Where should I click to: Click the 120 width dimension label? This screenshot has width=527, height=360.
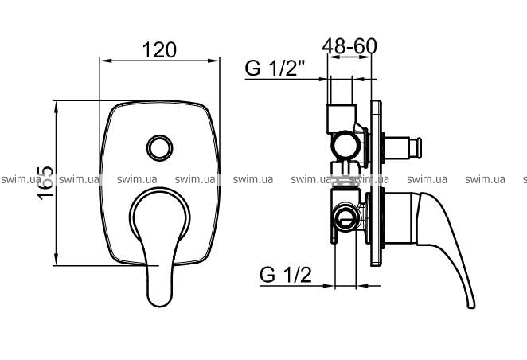tap(159, 49)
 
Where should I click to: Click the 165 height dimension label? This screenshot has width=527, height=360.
tap(45, 183)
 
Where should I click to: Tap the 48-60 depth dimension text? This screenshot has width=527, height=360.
tap(349, 46)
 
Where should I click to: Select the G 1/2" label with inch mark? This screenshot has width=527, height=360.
tap(275, 68)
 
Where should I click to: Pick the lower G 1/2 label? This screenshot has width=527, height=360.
tap(286, 275)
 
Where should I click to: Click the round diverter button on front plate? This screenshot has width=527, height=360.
tap(160, 148)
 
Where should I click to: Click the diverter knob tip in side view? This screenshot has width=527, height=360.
tap(419, 148)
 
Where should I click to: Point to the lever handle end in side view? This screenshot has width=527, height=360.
tap(471, 305)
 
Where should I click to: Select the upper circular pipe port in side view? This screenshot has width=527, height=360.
tap(345, 145)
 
